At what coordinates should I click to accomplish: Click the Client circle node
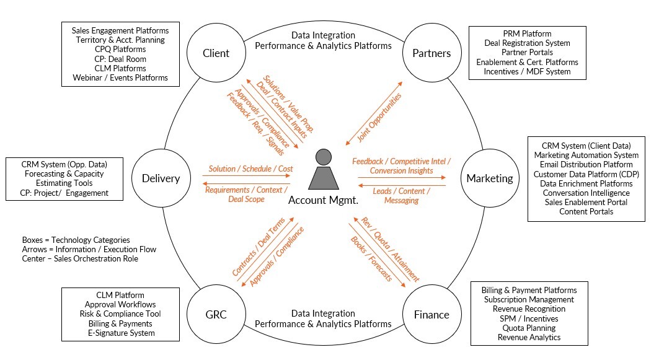(x=216, y=53)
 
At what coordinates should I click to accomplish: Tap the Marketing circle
(x=490, y=178)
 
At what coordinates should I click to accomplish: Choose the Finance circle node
(x=431, y=314)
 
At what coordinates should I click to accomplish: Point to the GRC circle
(x=215, y=314)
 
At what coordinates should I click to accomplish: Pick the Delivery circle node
(x=161, y=178)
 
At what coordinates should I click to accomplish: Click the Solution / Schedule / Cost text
(x=250, y=169)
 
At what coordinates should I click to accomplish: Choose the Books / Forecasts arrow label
(x=371, y=259)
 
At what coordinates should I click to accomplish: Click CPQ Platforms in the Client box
(x=120, y=50)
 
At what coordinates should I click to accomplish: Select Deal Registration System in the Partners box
(x=527, y=43)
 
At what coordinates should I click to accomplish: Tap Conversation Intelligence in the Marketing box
(x=586, y=193)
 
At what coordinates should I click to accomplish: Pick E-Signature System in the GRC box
(x=121, y=333)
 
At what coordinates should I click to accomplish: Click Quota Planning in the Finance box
(x=529, y=328)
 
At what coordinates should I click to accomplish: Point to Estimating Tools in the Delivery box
(x=64, y=183)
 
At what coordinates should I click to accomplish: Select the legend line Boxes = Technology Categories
(x=76, y=240)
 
